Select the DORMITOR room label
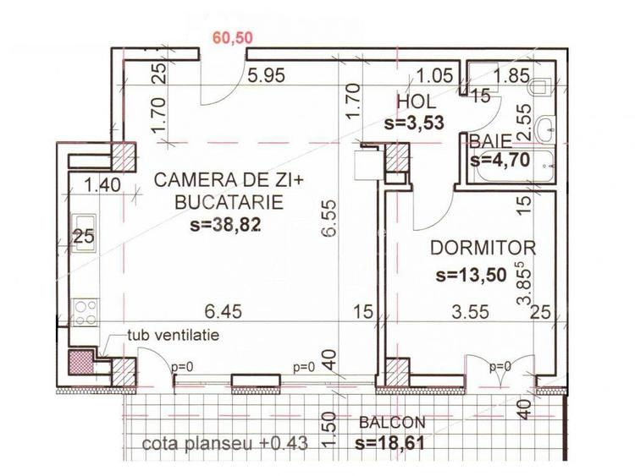[x=483, y=249]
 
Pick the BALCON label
[x=392, y=423]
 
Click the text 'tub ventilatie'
[x=173, y=335]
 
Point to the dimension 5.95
[x=265, y=75]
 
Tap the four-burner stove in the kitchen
[x=84, y=313]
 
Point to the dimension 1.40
[x=102, y=183]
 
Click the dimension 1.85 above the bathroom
[x=511, y=75]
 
